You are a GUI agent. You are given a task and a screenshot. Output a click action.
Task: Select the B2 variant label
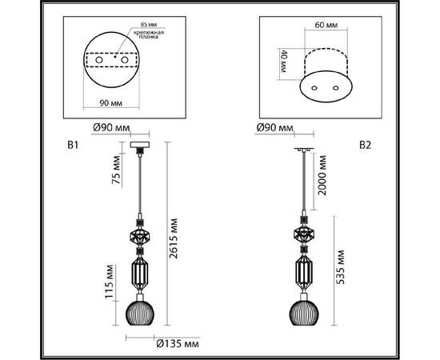pyautogui.click(x=366, y=146)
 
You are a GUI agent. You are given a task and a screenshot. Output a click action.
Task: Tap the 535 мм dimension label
pyautogui.click(x=342, y=265)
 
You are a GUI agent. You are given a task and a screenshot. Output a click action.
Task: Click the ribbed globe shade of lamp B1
pyautogui.click(x=139, y=310)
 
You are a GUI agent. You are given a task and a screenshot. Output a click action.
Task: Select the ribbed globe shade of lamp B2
pyautogui.click(x=303, y=310)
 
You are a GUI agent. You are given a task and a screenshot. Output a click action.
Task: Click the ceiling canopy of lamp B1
pyautogui.click(x=139, y=146)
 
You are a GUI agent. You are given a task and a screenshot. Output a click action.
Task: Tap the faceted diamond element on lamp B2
pyautogui.click(x=303, y=237)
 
